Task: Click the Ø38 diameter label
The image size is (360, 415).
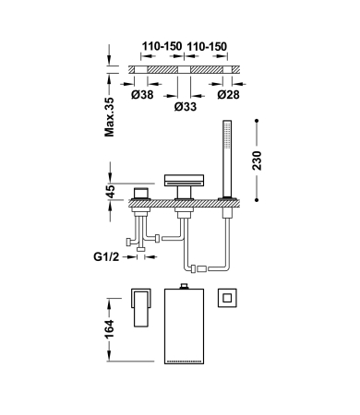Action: (x=142, y=95)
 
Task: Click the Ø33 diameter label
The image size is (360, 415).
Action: (x=186, y=107)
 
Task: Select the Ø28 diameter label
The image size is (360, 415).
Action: (x=228, y=95)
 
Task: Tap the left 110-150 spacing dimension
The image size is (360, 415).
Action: (x=162, y=47)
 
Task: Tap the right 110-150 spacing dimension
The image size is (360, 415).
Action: (x=207, y=47)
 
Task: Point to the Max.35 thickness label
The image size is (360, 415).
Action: (x=109, y=117)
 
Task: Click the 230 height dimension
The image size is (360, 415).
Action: (x=257, y=160)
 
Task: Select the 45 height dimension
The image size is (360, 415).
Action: (x=111, y=192)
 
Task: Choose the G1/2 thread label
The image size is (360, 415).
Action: (x=106, y=256)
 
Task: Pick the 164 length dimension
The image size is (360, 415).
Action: (x=109, y=329)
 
